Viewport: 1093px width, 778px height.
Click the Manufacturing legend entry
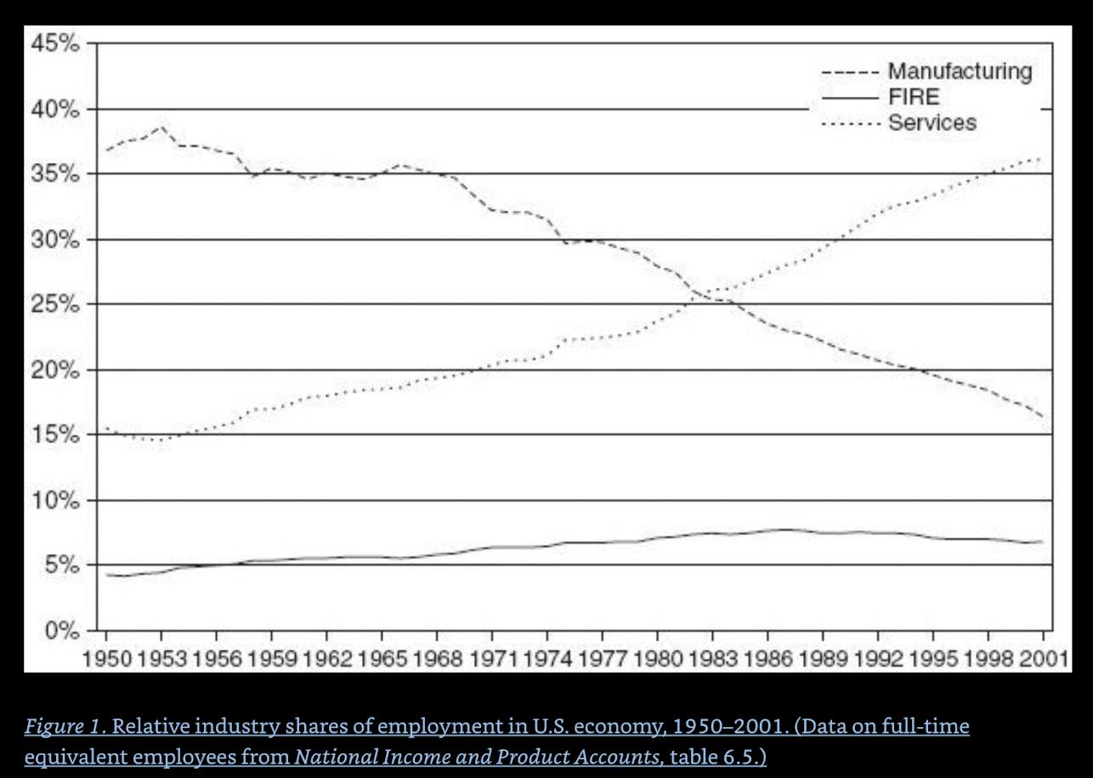[960, 71]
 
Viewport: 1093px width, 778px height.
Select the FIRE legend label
[914, 97]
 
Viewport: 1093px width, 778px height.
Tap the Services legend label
[932, 122]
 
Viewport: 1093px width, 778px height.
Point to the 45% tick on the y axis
[56, 44]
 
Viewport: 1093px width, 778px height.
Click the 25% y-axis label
[56, 305]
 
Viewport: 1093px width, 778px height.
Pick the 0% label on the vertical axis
[63, 631]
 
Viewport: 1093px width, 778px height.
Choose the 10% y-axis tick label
[56, 500]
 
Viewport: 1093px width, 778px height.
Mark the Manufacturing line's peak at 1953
[161, 127]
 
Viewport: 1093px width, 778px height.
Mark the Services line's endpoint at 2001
[1040, 158]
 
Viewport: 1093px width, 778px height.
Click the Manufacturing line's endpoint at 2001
[1041, 416]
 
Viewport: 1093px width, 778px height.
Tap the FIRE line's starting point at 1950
[106, 575]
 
